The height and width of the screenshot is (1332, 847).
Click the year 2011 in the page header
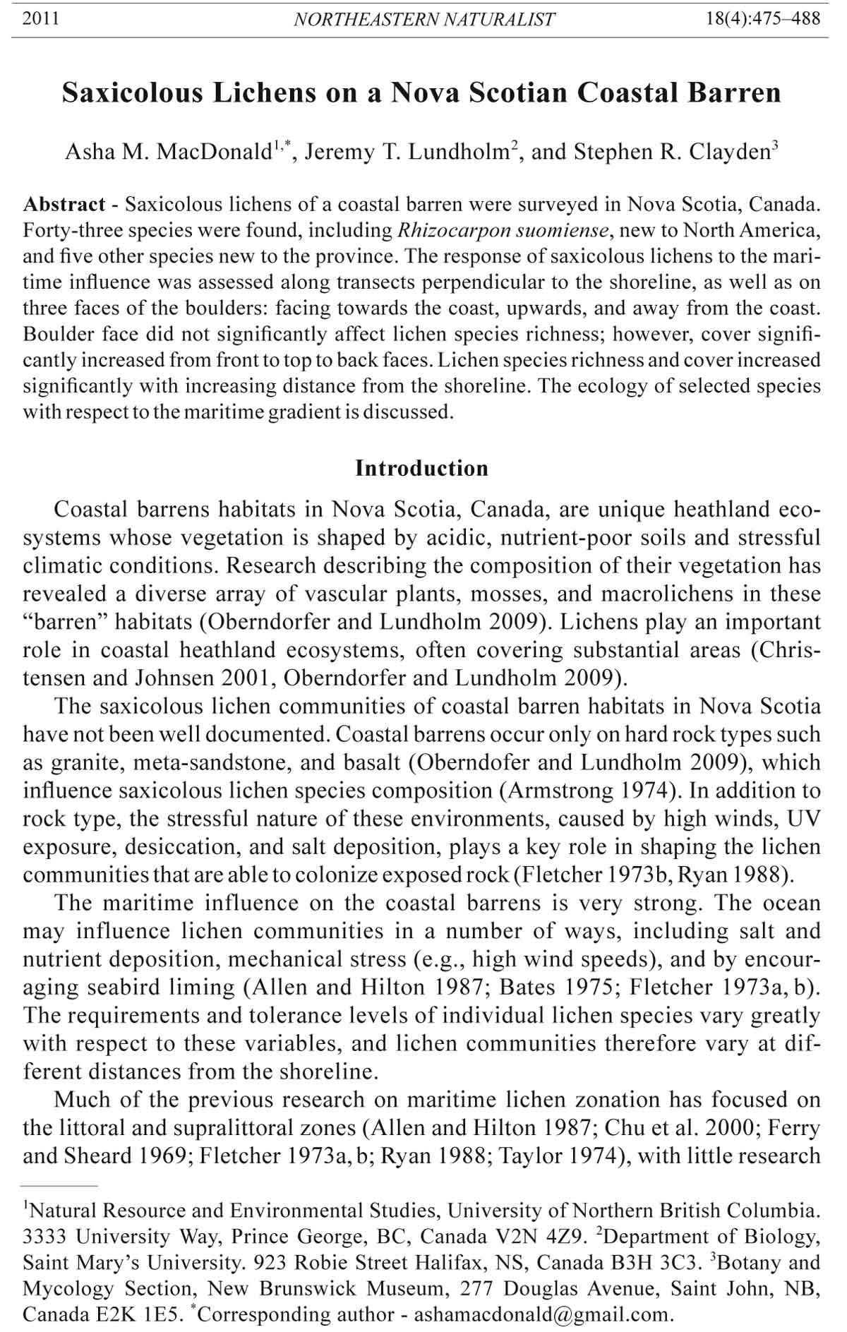[x=40, y=18]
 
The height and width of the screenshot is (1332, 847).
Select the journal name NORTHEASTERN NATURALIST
[x=423, y=19]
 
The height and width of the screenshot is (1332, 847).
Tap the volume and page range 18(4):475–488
[x=763, y=18]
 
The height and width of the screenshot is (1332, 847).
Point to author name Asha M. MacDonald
[x=169, y=152]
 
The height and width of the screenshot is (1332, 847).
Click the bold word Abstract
[x=64, y=205]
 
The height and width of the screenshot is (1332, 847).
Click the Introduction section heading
[x=421, y=468]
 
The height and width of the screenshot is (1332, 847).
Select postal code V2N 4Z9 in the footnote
[x=536, y=1237]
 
